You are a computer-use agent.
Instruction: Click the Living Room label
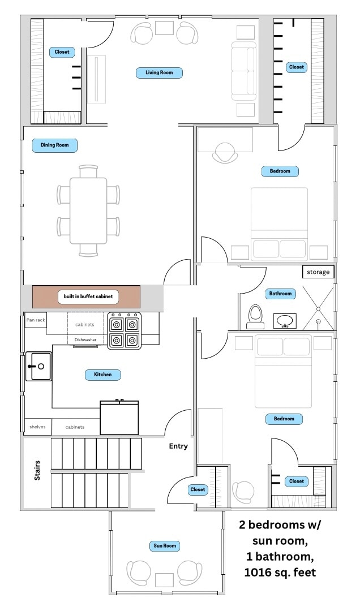tap(159, 72)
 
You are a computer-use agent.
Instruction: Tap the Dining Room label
tap(54, 145)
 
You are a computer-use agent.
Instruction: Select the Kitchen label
tap(103, 375)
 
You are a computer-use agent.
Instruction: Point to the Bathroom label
tap(280, 294)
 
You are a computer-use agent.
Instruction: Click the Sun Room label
tap(165, 546)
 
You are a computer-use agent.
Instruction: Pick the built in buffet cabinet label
tap(88, 296)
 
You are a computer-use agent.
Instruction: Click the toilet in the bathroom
tap(256, 316)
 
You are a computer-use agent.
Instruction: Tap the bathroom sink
tap(285, 321)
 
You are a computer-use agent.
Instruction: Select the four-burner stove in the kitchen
tap(125, 331)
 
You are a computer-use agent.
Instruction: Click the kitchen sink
tap(38, 366)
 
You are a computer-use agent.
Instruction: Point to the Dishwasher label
tap(85, 340)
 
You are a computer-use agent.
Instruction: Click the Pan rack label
tap(36, 320)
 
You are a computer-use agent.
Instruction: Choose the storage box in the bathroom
tap(318, 272)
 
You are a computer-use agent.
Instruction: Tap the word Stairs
tap(37, 470)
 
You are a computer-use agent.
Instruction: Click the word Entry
tap(178, 446)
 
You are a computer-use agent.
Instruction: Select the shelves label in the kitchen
tap(37, 427)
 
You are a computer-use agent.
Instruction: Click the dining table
tap(88, 211)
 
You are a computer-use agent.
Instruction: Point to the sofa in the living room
tap(244, 71)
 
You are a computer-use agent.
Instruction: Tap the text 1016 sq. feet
tap(280, 573)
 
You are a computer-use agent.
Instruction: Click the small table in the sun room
tap(164, 580)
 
